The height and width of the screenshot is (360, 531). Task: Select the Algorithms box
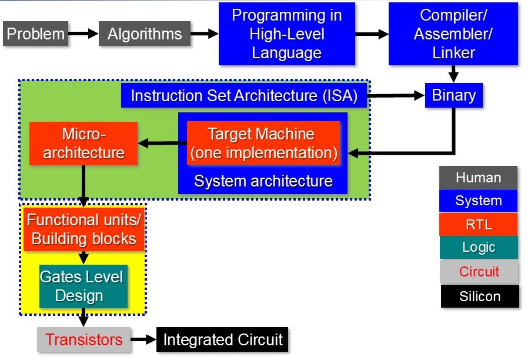point(145,34)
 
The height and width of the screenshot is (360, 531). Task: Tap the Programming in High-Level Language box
point(286,34)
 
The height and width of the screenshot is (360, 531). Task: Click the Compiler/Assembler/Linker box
point(453,34)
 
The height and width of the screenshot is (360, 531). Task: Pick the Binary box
point(453,95)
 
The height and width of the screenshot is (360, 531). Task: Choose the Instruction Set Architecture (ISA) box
point(244,96)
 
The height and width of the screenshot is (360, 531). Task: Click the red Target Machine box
point(263,143)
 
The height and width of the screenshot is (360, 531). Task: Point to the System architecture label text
point(263,181)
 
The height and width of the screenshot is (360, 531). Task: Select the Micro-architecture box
point(84,143)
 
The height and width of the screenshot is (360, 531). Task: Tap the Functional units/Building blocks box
point(84,229)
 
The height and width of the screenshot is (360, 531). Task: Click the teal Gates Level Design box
point(84,286)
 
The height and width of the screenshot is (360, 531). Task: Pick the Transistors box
point(84,339)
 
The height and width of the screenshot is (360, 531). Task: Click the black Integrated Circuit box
point(222,339)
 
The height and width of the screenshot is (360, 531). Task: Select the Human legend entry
point(478,178)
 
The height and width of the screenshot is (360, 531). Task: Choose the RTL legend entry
point(478,224)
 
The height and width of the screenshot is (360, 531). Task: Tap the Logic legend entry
point(478,248)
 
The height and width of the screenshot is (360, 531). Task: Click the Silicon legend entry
point(480,296)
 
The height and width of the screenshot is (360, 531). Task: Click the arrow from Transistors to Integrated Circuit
point(143,339)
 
